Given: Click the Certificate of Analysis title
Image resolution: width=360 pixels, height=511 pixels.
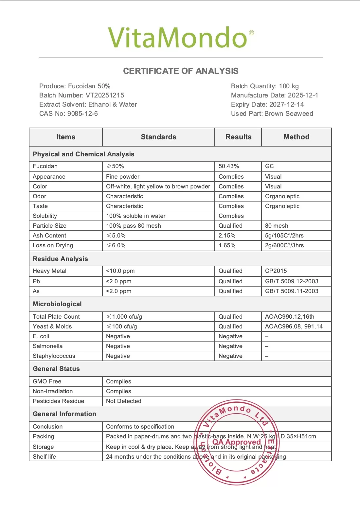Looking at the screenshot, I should point(181,71).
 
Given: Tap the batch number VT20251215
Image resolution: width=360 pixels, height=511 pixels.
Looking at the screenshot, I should point(105,95).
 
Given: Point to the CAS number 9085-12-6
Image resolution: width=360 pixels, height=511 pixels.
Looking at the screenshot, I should point(82,114).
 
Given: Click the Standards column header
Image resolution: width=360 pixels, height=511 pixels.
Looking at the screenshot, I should point(158,137).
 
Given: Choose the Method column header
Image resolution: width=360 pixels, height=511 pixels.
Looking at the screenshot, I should point(296,137).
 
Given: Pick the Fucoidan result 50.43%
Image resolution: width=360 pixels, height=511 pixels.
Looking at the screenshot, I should point(229,166).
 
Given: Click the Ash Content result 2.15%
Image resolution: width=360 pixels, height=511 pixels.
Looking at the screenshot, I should point(227,236).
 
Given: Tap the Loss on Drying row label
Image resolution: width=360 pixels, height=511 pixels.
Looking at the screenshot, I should point(53,245).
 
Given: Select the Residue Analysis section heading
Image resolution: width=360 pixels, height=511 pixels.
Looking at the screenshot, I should point(60,259).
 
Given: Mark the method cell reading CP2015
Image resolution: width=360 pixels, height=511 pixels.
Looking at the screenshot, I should point(276,271).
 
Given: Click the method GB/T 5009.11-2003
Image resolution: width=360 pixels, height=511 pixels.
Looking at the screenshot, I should point(292,291).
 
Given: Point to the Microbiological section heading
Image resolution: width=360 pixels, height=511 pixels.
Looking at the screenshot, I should point(57,304).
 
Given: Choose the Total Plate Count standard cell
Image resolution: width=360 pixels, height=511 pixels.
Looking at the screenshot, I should point(124,317).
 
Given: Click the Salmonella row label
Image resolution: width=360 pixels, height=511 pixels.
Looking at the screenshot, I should point(48,346).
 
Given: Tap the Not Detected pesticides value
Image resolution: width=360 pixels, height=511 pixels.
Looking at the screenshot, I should point(124,401).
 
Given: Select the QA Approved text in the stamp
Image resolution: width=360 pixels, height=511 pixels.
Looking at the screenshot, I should point(237,442).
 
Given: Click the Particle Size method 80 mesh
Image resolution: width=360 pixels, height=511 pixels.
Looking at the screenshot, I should point(277,226).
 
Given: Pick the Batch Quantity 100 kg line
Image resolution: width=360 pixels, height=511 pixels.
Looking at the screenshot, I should point(265,86).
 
